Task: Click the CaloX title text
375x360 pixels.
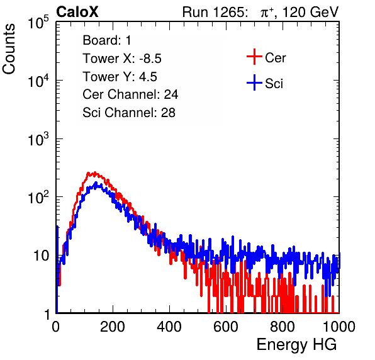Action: pyautogui.click(x=77, y=12)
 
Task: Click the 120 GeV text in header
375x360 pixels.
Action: pyautogui.click(x=310, y=12)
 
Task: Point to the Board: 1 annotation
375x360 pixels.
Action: pyautogui.click(x=107, y=40)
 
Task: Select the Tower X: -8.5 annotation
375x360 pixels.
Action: pyautogui.click(x=122, y=59)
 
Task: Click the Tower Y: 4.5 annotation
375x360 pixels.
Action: pyautogui.click(x=120, y=77)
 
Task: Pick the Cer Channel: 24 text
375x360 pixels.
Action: pyautogui.click(x=130, y=94)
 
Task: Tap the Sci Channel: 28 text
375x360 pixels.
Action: pyautogui.click(x=129, y=113)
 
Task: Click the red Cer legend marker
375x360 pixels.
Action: pyautogui.click(x=254, y=57)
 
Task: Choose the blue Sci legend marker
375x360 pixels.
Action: pyautogui.click(x=254, y=82)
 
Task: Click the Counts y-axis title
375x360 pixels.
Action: pyautogui.click(x=9, y=49)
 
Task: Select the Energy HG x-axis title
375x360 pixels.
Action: pyautogui.click(x=296, y=345)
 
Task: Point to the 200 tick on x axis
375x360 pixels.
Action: pyautogui.click(x=113, y=327)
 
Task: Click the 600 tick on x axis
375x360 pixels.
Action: pyautogui.click(x=226, y=327)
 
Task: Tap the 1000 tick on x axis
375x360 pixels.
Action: pyautogui.click(x=339, y=327)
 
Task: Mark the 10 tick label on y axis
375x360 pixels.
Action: pyautogui.click(x=42, y=256)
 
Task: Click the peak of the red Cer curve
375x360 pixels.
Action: pyautogui.click(x=95, y=172)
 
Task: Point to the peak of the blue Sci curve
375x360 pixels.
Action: pyautogui.click(x=96, y=183)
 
